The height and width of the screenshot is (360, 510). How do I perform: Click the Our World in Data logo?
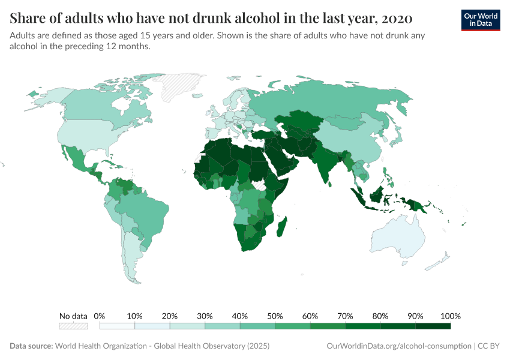click(x=480, y=20)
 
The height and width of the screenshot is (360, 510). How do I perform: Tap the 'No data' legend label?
click(x=73, y=316)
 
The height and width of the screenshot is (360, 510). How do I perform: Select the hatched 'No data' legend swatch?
click(x=73, y=326)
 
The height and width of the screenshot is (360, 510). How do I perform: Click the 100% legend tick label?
click(x=450, y=316)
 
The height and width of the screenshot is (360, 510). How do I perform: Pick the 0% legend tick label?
click(x=100, y=316)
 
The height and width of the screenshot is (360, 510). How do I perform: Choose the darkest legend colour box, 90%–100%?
click(x=433, y=326)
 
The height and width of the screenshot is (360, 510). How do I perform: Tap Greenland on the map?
click(x=182, y=88)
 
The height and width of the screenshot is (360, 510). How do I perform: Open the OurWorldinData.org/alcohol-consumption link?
click(x=398, y=346)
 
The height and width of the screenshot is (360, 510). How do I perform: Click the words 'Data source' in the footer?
click(x=31, y=346)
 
